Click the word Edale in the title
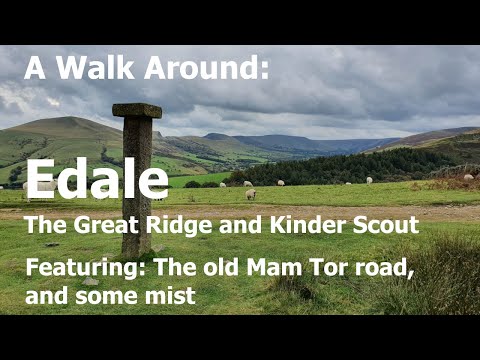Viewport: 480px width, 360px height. [x=97, y=180]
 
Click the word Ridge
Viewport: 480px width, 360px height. [x=163, y=226]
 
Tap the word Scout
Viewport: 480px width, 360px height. [x=384, y=226]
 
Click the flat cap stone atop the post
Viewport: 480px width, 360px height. [x=137, y=110]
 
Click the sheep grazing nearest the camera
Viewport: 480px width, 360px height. [x=250, y=194]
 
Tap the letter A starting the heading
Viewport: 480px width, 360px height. [x=36, y=69]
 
